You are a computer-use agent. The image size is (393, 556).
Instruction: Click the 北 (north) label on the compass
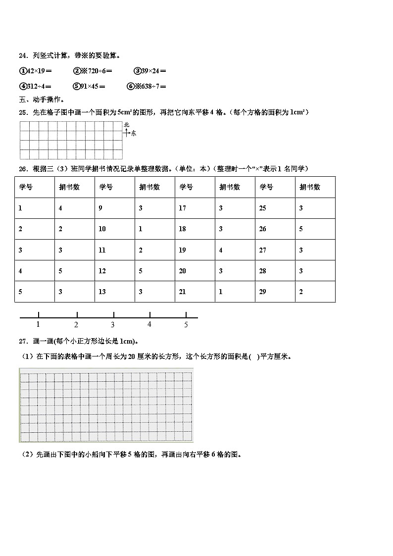click(126, 125)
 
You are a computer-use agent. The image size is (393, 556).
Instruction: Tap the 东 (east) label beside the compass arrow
click(133, 133)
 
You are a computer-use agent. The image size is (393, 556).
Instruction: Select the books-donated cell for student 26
click(301, 229)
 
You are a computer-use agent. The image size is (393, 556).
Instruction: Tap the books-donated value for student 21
click(221, 292)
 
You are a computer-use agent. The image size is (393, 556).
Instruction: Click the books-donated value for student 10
click(141, 229)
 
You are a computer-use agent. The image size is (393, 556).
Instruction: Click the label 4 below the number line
click(149, 324)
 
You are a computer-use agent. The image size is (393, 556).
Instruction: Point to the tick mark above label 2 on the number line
click(77, 314)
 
